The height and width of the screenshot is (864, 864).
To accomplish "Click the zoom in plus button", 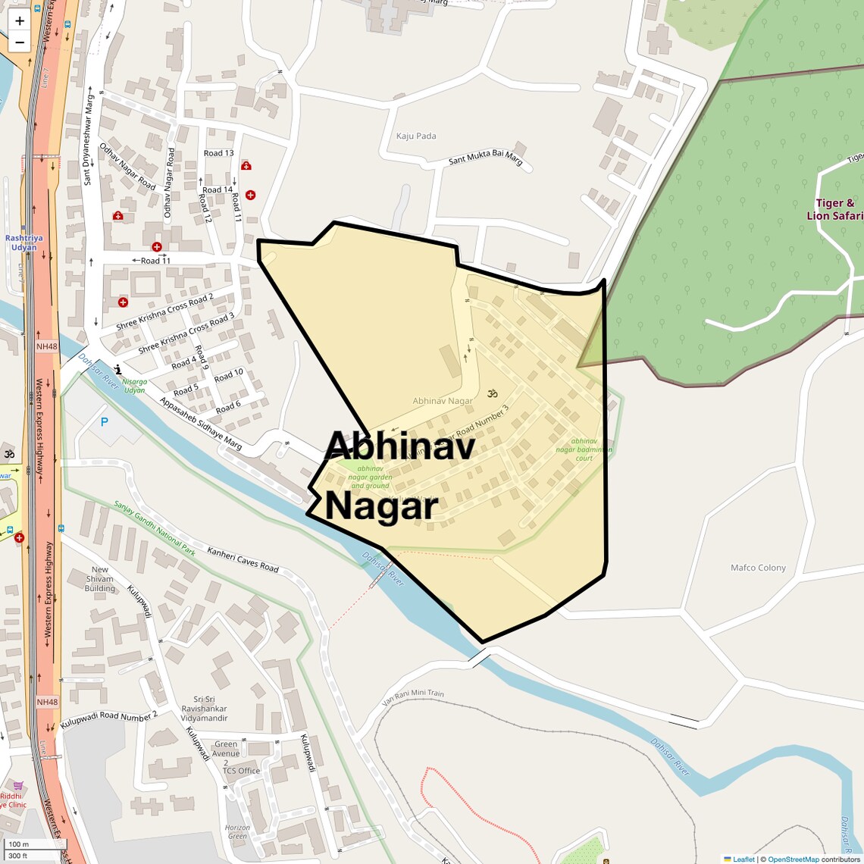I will [x=20, y=21].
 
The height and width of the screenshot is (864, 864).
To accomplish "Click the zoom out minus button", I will [x=20, y=42].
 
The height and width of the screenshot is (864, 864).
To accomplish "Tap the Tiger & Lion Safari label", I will [x=834, y=209].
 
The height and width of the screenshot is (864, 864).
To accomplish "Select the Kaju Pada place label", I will [x=416, y=136].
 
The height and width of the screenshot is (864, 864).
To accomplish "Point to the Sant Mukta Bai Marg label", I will [x=486, y=158].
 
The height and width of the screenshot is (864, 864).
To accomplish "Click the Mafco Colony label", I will [x=758, y=568].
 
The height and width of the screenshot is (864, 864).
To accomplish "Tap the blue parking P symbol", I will [x=105, y=422].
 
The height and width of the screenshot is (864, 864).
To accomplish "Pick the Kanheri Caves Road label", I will [x=243, y=559].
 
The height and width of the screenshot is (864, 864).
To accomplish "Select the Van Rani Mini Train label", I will [x=413, y=698].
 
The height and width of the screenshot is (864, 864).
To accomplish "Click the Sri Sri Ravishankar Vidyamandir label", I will [x=204, y=709].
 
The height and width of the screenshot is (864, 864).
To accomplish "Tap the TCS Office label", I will [x=241, y=771].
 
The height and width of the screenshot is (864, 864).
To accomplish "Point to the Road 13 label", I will [x=218, y=153].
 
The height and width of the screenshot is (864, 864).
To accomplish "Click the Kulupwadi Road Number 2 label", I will [x=109, y=718].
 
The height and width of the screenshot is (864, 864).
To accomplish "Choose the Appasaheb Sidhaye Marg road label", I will [x=200, y=424].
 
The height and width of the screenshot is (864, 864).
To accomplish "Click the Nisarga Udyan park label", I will [x=134, y=386].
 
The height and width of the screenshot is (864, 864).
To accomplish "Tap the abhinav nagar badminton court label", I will [x=584, y=449].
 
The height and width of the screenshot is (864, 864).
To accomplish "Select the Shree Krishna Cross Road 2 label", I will [x=164, y=312].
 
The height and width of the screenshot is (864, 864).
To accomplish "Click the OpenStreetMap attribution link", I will [x=793, y=859].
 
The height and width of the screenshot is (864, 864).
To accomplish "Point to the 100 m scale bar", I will [x=30, y=844].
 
